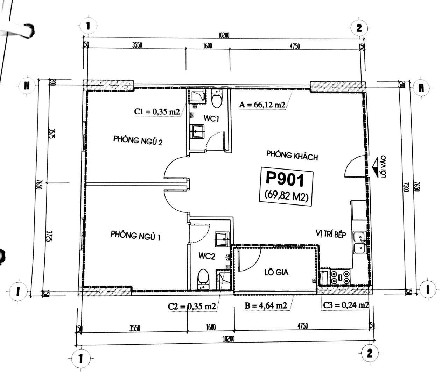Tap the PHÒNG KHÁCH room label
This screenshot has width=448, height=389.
[x=292, y=156]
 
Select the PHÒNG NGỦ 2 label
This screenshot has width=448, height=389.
[x=138, y=141]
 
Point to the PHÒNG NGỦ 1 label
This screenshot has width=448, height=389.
[x=135, y=236]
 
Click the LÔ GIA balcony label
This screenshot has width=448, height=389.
[x=276, y=273]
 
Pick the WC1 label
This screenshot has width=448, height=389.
[x=211, y=119]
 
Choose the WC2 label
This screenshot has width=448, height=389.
[x=207, y=256]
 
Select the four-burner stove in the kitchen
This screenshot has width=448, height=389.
[x=339, y=278]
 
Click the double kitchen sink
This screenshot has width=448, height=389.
[x=359, y=243]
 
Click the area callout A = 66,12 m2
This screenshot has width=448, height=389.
[x=262, y=105]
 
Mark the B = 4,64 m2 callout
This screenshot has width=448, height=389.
[x=266, y=305]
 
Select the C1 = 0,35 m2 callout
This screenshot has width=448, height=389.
[x=157, y=112]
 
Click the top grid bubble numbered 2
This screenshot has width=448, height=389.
[x=359, y=28]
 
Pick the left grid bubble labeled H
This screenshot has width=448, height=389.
[x=27, y=86]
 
